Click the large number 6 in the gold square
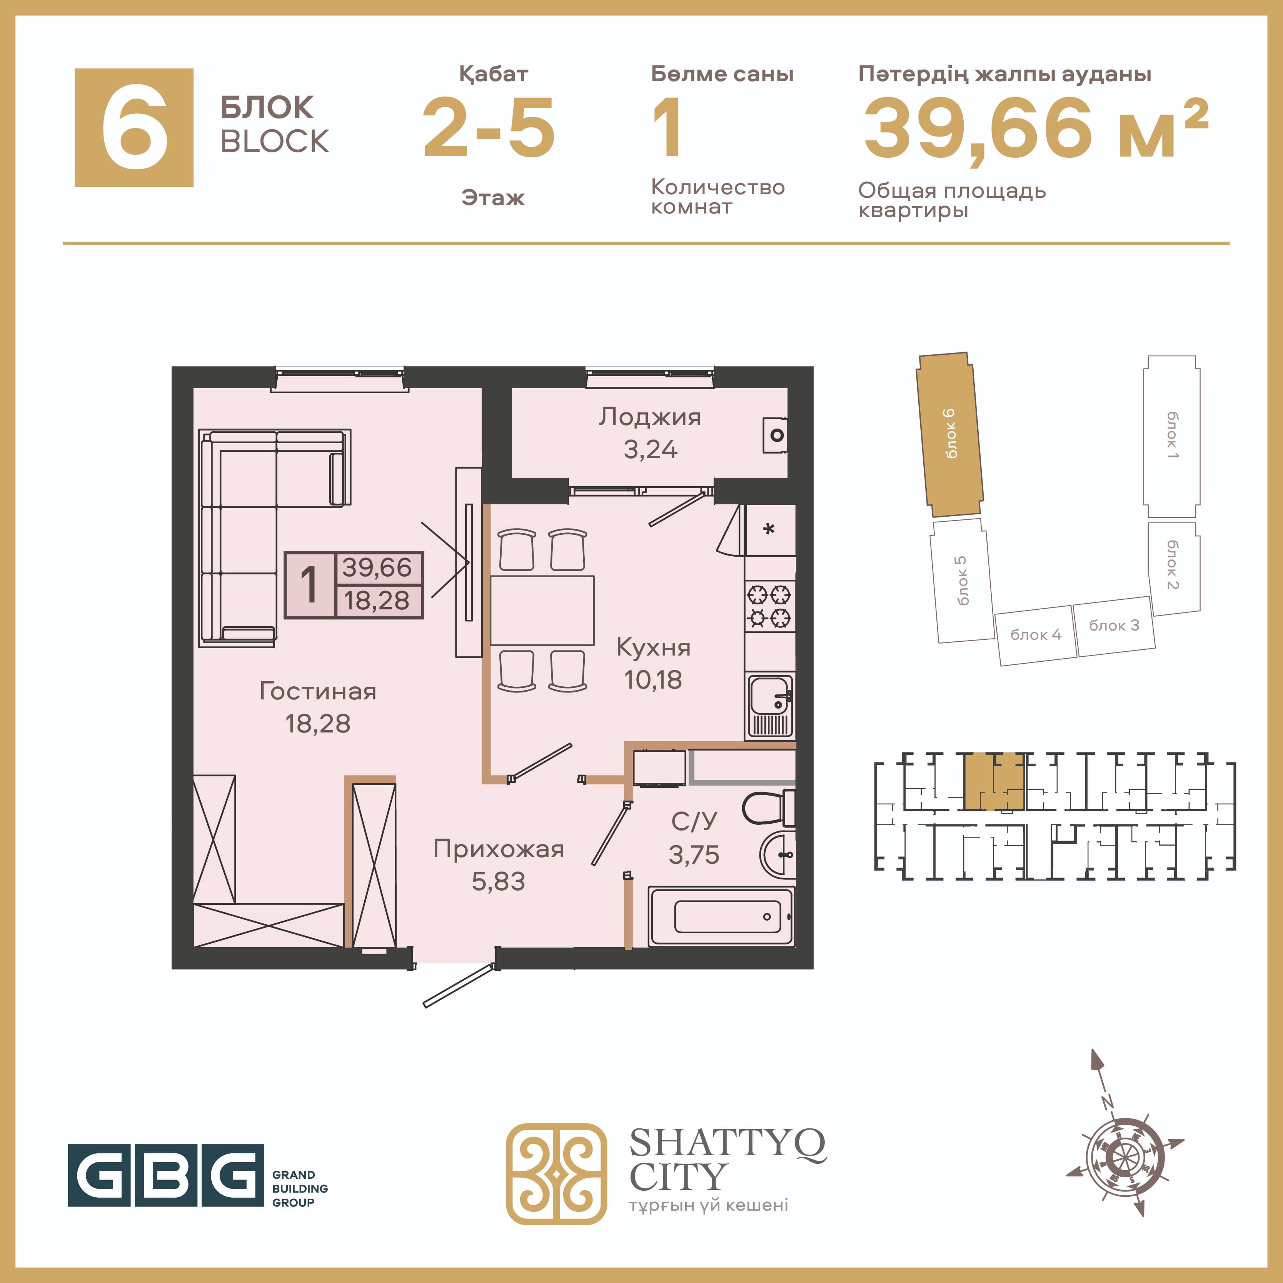coord(135,127)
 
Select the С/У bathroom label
coord(694,821)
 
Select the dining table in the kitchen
coord(542,610)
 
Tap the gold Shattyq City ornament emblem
coord(557,1174)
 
